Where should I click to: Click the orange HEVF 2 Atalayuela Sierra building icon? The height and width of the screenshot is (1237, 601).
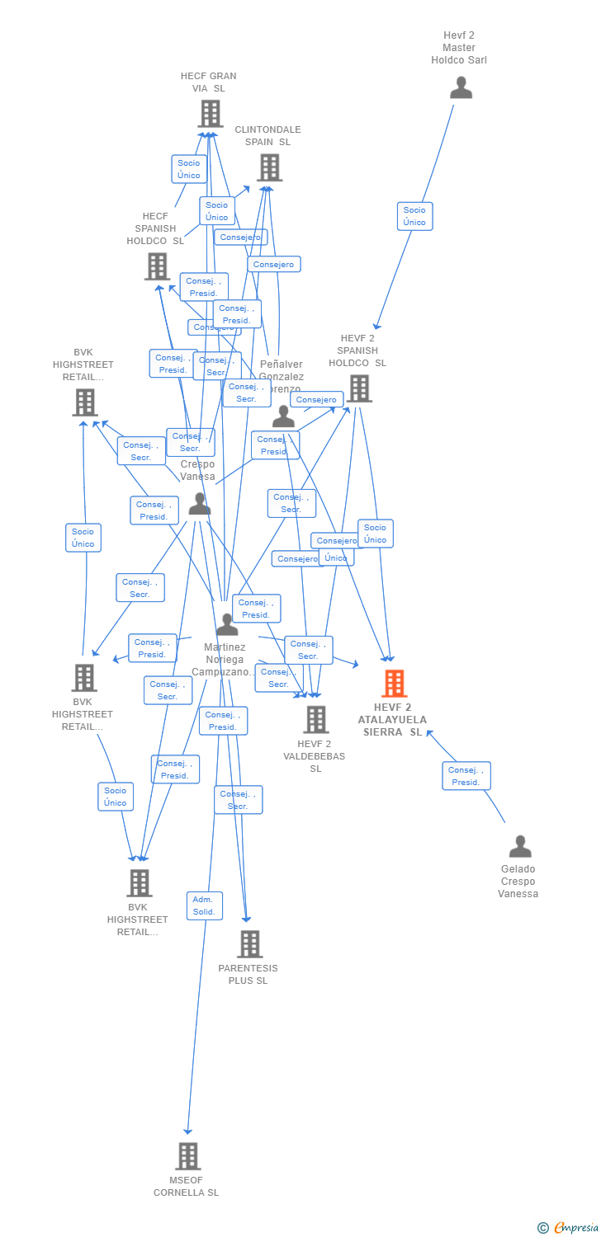click(x=394, y=684)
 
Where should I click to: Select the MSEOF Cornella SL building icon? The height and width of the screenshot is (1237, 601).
click(x=187, y=1156)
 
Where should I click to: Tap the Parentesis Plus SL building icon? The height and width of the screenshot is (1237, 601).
click(x=249, y=944)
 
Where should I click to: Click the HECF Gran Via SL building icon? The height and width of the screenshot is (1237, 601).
click(x=211, y=114)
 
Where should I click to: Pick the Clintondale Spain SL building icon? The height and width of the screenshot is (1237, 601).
click(x=269, y=167)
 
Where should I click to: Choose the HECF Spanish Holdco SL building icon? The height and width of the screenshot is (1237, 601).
click(x=158, y=266)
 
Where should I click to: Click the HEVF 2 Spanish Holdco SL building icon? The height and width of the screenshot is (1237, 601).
click(x=359, y=388)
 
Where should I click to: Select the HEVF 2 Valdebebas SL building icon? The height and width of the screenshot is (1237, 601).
click(x=315, y=720)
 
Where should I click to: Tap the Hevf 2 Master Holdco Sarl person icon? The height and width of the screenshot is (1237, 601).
click(x=461, y=87)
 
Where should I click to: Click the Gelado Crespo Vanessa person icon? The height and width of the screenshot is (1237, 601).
click(x=520, y=846)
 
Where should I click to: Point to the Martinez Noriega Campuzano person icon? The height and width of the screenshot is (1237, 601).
click(x=227, y=624)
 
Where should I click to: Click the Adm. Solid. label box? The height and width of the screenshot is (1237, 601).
click(x=204, y=905)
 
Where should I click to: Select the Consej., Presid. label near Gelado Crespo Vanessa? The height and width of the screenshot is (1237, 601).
click(x=466, y=776)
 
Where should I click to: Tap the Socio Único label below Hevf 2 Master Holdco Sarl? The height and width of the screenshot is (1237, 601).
click(x=414, y=216)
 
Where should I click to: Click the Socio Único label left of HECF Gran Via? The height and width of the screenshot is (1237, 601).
click(x=189, y=169)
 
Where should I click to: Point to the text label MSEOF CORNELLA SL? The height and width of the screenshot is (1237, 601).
click(x=187, y=1187)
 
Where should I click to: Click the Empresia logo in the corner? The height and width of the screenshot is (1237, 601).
click(x=569, y=1228)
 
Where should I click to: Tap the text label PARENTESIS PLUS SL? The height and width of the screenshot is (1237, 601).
click(x=248, y=975)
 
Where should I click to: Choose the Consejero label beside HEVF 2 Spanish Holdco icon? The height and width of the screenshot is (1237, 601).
click(x=317, y=400)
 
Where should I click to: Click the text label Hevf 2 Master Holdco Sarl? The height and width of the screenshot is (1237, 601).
click(x=459, y=48)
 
